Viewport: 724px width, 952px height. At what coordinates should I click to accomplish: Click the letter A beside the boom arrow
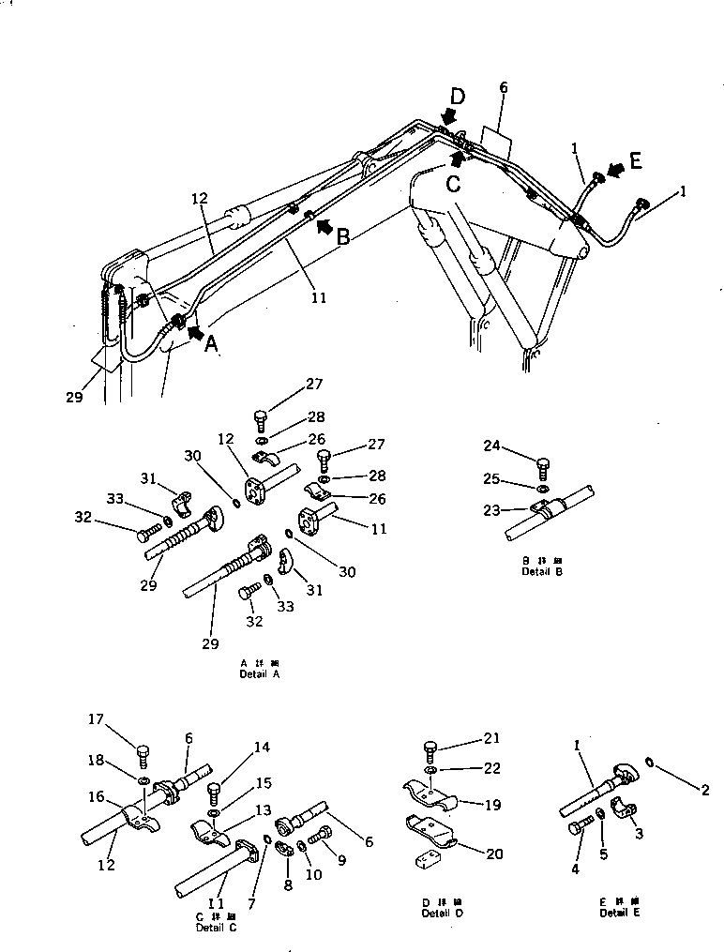click(x=212, y=344)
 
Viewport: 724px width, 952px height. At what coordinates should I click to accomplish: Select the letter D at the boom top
click(x=456, y=96)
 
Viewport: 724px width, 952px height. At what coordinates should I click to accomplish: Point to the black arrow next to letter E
click(x=616, y=169)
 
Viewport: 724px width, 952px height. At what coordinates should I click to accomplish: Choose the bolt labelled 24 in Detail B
click(x=544, y=466)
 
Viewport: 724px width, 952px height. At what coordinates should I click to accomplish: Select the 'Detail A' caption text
click(x=260, y=673)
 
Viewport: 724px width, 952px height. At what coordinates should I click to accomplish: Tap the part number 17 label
click(x=95, y=719)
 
